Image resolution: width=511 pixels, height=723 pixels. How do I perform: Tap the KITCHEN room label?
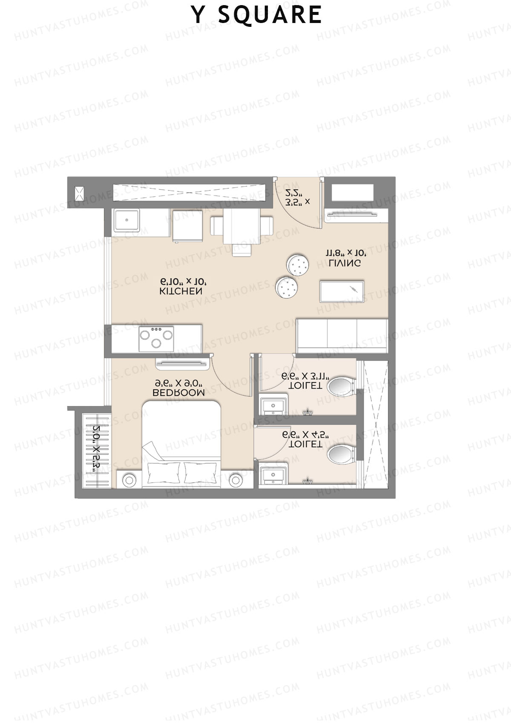181,291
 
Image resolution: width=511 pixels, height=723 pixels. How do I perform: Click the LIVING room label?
344,263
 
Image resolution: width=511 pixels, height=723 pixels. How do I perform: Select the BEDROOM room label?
178,392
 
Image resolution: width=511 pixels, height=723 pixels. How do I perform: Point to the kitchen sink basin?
126,220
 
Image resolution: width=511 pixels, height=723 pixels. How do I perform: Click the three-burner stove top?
156,339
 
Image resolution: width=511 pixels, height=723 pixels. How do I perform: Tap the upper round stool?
297,265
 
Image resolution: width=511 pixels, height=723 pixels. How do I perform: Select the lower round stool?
287,288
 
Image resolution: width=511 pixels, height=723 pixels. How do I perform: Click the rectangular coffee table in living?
342,291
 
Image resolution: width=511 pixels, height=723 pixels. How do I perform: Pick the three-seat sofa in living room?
342,335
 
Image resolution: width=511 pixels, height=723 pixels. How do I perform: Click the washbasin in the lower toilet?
273,475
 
